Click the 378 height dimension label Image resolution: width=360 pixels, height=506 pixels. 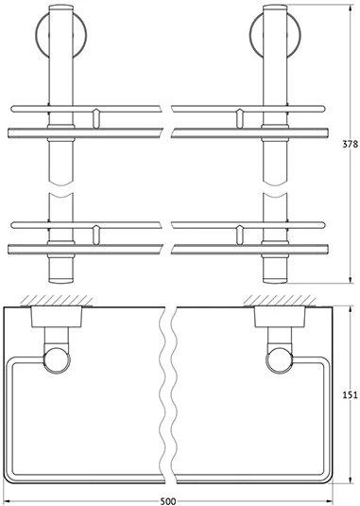pos(350,144)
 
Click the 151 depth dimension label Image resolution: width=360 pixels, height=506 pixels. pos(350,394)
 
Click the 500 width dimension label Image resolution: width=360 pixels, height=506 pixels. pos(168,501)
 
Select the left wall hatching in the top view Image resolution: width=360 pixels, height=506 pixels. pos(56,301)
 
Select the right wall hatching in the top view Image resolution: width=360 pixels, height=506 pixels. pos(280,301)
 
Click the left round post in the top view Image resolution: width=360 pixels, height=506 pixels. pos(57,360)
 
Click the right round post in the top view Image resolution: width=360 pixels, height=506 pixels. pos(280,360)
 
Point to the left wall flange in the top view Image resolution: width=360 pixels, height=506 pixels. pos(57,317)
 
